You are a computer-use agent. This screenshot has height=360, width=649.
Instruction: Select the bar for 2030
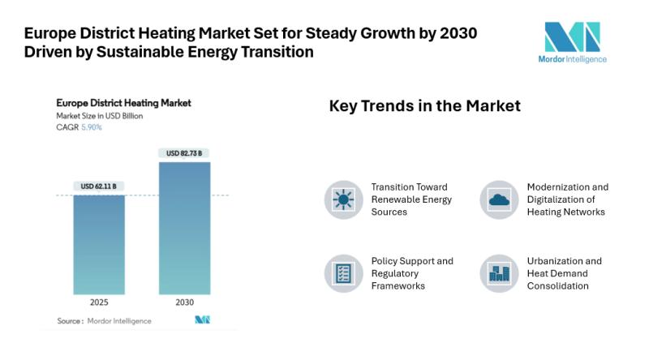click(x=184, y=230)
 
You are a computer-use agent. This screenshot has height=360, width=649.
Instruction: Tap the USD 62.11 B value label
click(x=98, y=186)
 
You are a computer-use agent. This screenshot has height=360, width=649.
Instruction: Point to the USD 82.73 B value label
click(x=184, y=153)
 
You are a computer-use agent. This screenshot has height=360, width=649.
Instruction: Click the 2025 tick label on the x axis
click(x=99, y=302)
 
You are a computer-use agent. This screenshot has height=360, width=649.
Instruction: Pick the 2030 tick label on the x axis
click(x=184, y=302)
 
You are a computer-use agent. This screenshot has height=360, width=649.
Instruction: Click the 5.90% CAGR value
click(x=92, y=127)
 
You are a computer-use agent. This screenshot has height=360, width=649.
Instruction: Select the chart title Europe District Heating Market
click(x=123, y=104)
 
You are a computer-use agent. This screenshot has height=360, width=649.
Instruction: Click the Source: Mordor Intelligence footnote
click(x=104, y=321)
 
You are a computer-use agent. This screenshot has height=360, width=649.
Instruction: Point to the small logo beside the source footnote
click(x=202, y=320)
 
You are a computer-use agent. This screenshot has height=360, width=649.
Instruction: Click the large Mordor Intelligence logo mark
click(x=572, y=37)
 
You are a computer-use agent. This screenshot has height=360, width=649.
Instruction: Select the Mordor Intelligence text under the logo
click(x=572, y=58)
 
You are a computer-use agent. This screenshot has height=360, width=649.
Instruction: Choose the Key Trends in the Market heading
click(x=424, y=106)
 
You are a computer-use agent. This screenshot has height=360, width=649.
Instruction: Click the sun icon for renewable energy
click(x=343, y=199)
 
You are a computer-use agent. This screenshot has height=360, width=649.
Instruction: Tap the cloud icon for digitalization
click(x=499, y=199)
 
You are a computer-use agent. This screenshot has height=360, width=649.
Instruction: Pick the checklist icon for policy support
click(x=343, y=274)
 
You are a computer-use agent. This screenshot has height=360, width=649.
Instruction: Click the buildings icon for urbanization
click(x=499, y=274)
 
